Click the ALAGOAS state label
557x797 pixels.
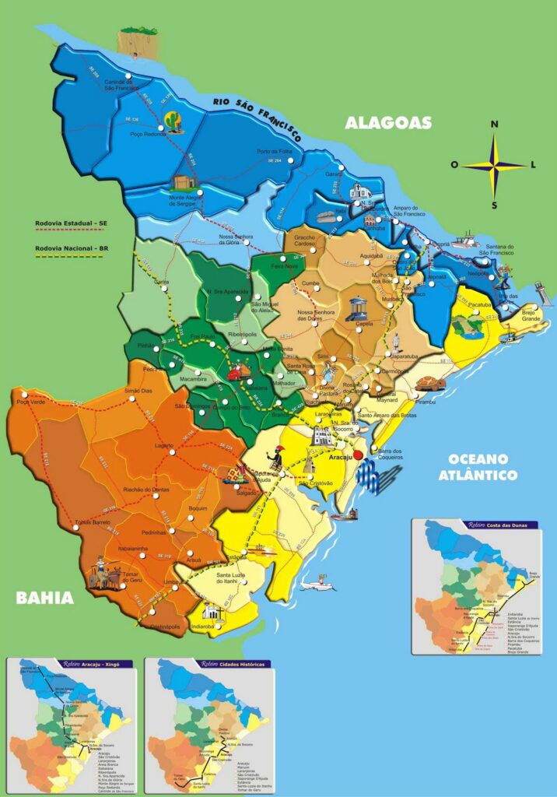pyautogui.click(x=388, y=123)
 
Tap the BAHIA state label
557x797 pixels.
pyautogui.click(x=44, y=599)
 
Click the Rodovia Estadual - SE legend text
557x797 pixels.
pyautogui.click(x=70, y=223)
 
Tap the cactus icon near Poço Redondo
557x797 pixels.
pyautogui.click(x=173, y=121)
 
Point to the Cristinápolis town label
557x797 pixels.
pyautogui.click(x=165, y=627)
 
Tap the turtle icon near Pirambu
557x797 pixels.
pyautogui.click(x=428, y=384)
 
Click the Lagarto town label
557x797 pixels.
pyautogui.click(x=164, y=445)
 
